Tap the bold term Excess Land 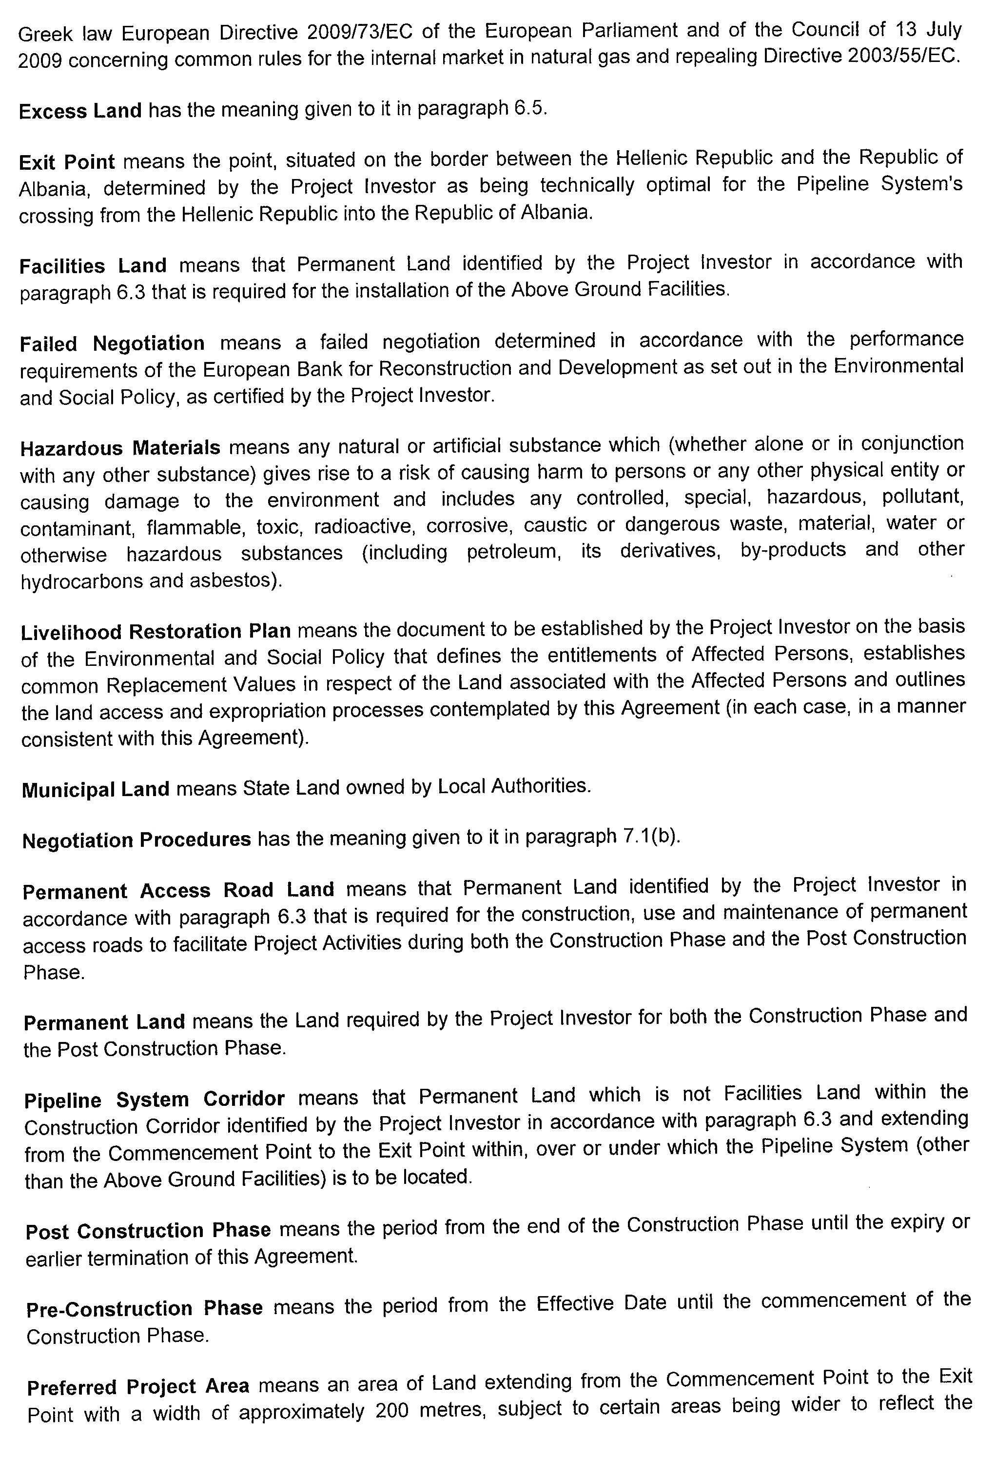80,111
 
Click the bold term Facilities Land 93,266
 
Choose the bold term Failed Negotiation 112,343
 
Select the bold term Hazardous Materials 120,448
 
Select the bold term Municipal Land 96,789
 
